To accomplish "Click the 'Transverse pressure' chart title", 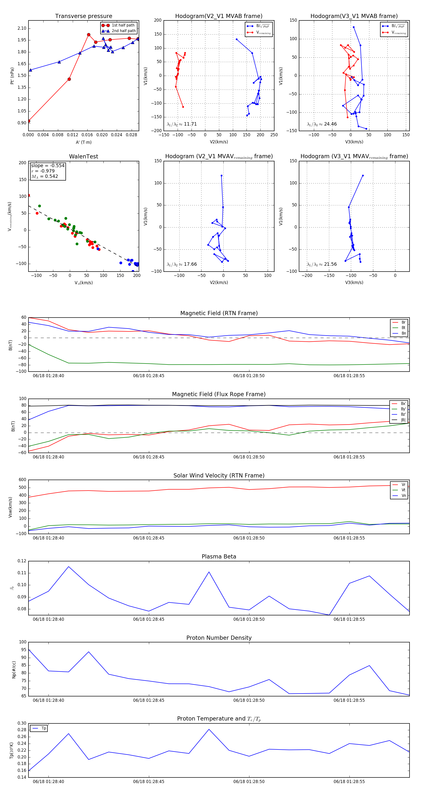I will pyautogui.click(x=83, y=16).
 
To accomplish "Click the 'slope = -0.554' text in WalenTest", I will pyautogui.click(x=48, y=165).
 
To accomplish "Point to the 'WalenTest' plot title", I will pyautogui.click(x=83, y=156).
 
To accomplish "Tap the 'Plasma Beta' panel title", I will pyautogui.click(x=219, y=557).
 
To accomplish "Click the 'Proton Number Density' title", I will pyautogui.click(x=219, y=638).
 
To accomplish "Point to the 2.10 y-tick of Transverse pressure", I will pyautogui.click(x=22, y=28).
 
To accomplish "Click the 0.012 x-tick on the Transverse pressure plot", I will pyautogui.click(x=72, y=135).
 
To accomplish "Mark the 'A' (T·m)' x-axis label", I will pyautogui.click(x=83, y=142).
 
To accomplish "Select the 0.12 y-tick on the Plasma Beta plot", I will pyautogui.click(x=22, y=561).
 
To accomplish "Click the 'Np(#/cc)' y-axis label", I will pyautogui.click(x=14, y=669).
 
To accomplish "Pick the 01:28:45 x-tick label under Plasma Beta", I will pyautogui.click(x=148, y=619).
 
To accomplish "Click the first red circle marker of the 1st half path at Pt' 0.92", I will pyautogui.click(x=29, y=121).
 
